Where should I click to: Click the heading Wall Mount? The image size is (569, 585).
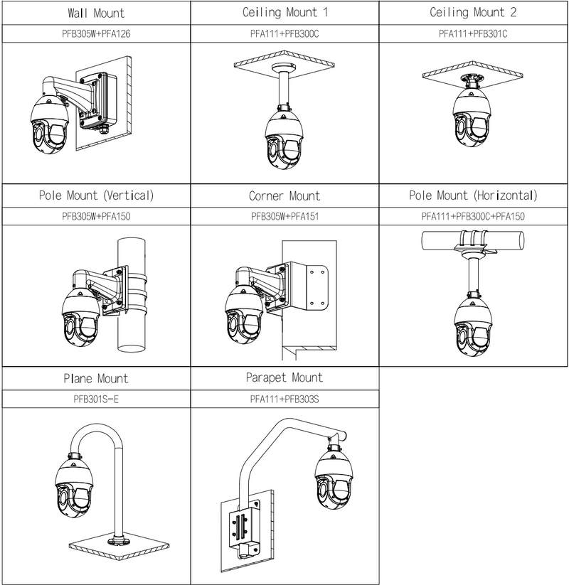click(x=95, y=13)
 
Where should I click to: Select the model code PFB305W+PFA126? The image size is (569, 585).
click(x=95, y=33)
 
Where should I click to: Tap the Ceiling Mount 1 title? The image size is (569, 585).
click(x=284, y=13)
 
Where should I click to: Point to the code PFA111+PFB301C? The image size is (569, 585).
click(x=473, y=33)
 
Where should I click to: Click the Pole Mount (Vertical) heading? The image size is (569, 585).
click(x=95, y=195)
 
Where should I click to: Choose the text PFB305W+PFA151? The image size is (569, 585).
click(x=284, y=216)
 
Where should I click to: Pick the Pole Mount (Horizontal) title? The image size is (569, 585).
click(x=473, y=195)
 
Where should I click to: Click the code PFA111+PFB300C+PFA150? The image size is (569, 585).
click(x=473, y=216)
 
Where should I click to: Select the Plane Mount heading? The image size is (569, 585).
click(x=95, y=379)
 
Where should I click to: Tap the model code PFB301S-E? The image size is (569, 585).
click(x=95, y=399)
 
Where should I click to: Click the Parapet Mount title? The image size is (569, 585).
click(x=284, y=377)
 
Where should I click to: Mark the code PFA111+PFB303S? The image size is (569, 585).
click(x=284, y=399)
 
